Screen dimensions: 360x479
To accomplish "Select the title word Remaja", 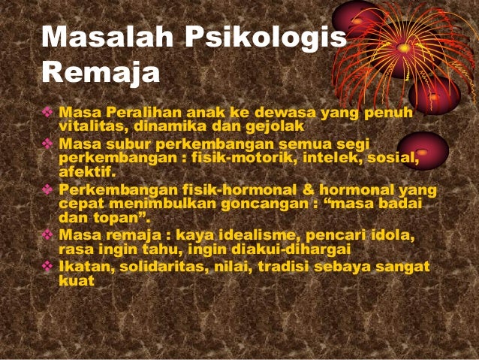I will pyautogui.click(x=101, y=74).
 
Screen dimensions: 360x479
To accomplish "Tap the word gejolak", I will pyautogui.click(x=272, y=125).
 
